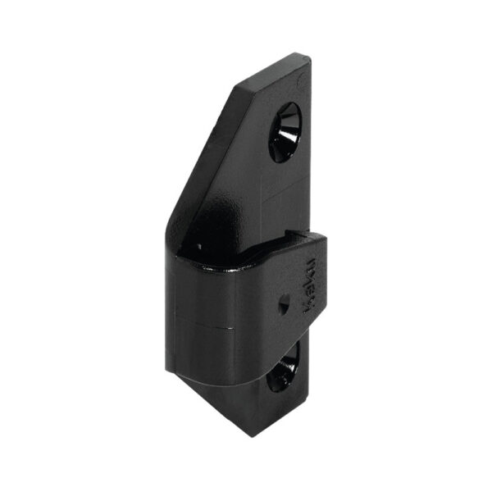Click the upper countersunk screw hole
[x=285, y=131]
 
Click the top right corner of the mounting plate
[x=310, y=57]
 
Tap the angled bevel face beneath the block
[x=238, y=410]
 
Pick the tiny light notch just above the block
[x=199, y=244]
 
